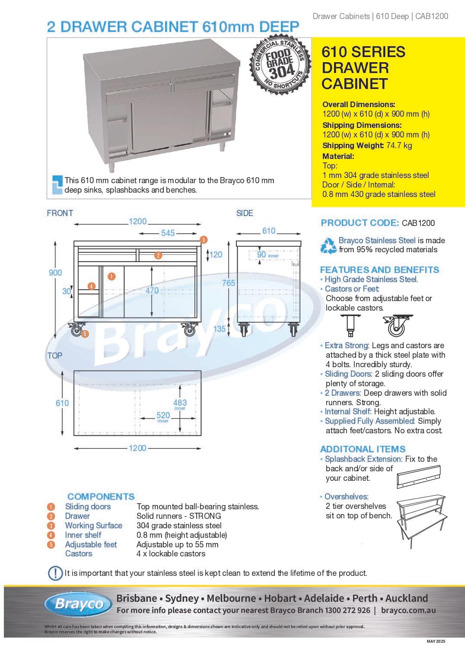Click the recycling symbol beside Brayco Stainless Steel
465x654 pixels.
coord(328,245)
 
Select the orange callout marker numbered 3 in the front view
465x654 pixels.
coord(204,240)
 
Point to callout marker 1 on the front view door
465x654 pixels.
coord(111,276)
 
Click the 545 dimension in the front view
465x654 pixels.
coord(168,233)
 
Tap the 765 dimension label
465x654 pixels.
coord(229,283)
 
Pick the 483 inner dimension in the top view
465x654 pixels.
coord(180,403)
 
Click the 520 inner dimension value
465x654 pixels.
coord(163,415)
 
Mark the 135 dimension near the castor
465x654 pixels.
coord(220,329)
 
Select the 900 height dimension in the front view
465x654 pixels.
coord(55,273)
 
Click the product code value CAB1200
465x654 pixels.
coord(418,223)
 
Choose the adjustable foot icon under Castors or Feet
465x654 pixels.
coord(350,325)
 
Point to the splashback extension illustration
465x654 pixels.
coord(418,476)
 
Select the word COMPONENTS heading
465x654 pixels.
coord(101,497)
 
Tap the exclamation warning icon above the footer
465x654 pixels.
coord(55,573)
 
